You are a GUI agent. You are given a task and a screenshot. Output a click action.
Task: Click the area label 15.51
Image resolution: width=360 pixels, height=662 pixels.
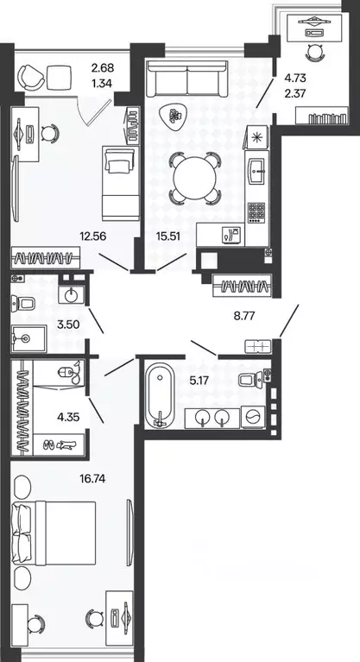coord(167,236)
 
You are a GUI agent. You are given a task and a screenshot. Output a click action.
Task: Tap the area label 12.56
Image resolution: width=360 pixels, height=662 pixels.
coord(92,236)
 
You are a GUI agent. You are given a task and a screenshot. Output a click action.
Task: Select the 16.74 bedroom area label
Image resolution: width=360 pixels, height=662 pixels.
coord(92,478)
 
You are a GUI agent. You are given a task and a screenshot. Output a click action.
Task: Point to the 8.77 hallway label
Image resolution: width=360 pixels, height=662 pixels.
coord(245,315)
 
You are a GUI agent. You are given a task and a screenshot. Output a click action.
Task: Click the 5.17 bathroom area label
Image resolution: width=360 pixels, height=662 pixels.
coord(200,381)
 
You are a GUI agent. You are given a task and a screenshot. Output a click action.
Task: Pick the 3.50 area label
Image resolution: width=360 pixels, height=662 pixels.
coord(69,325)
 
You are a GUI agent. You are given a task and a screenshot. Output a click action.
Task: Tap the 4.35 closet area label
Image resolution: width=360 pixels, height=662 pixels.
coord(68,417)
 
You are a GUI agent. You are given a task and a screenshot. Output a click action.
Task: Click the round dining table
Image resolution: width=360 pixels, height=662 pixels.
coord(195,178)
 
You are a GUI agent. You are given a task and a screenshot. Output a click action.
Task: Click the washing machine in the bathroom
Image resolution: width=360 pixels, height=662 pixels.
coord(253,418)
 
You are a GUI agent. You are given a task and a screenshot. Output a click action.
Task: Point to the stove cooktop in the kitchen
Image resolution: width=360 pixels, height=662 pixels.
coord(256,212)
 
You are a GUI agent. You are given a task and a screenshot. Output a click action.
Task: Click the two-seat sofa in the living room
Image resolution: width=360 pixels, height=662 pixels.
coord(186,78)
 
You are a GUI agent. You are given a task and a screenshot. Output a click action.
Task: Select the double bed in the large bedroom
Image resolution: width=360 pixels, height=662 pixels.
coord(54,533)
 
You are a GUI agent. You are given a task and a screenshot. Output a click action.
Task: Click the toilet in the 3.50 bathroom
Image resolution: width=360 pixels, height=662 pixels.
coord(24,303)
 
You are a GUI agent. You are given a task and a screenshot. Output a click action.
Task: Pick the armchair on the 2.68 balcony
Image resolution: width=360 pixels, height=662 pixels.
coord(31,77)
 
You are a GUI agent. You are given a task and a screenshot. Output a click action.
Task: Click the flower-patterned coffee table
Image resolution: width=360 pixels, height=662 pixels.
coord(174,117)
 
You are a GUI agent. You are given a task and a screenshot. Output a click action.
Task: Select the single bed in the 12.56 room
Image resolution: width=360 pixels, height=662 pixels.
coord(120,182)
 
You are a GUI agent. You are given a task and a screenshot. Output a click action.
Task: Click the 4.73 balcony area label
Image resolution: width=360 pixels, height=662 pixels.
coord(295,78)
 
